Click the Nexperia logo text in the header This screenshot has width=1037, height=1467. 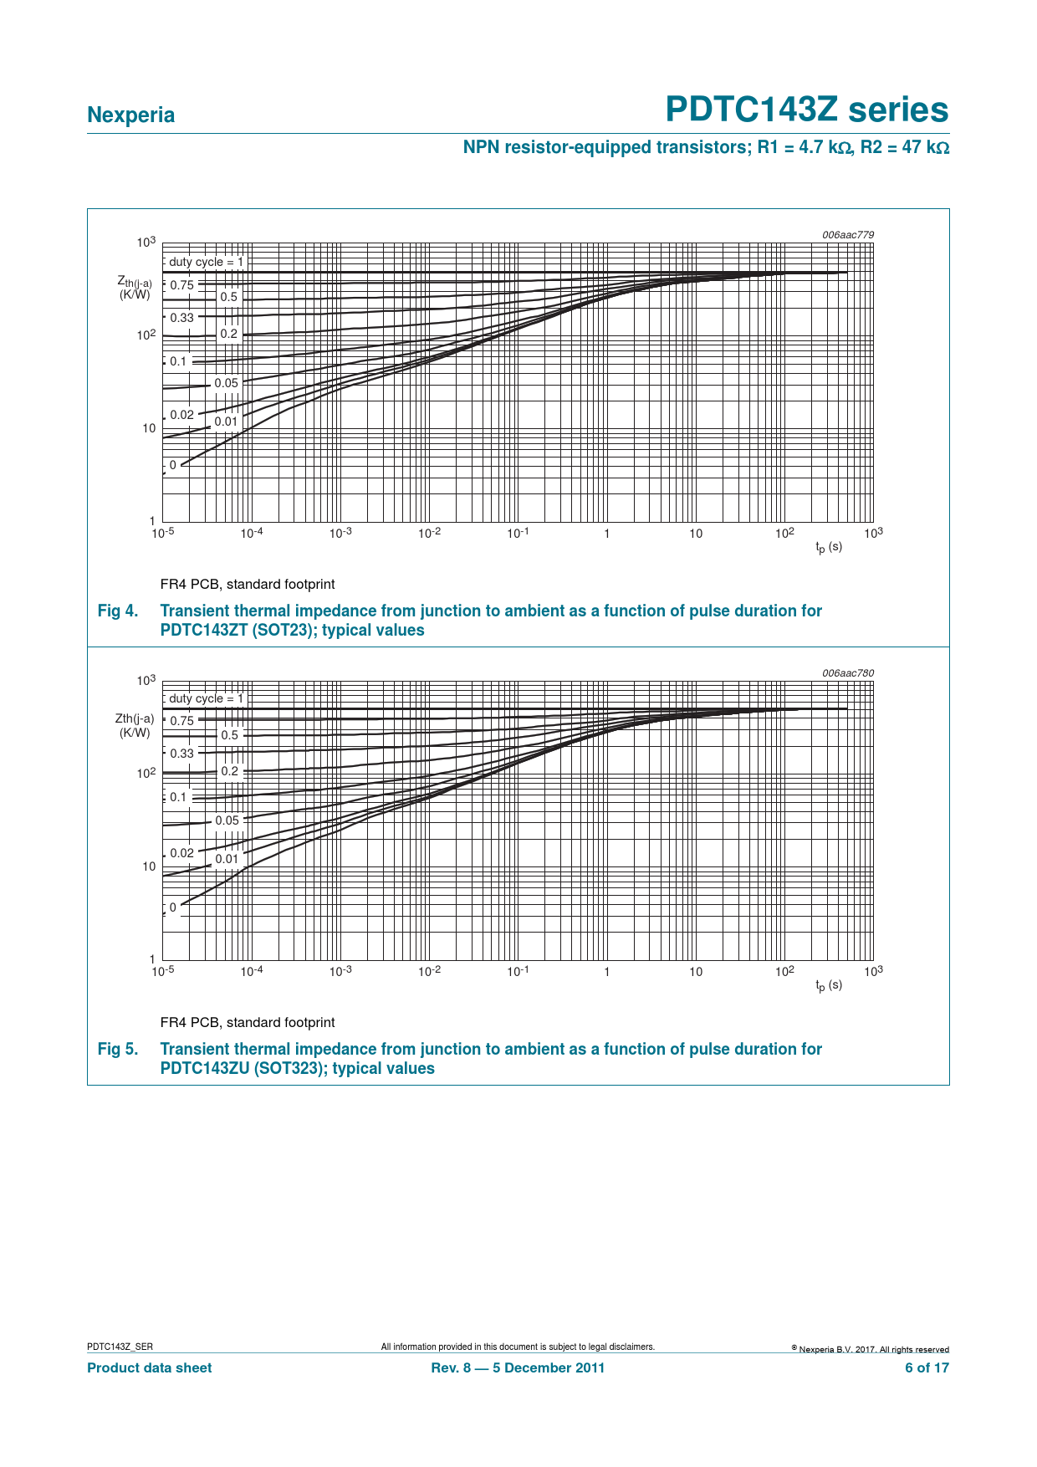coord(130,115)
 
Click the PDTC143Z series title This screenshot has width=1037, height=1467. coord(806,110)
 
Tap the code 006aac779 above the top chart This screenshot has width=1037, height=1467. coord(847,235)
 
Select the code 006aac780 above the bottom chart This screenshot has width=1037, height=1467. coord(847,673)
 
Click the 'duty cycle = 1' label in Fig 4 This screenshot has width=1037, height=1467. coord(206,262)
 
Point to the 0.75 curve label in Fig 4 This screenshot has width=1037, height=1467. coord(181,285)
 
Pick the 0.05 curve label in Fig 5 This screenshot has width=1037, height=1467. coord(227,820)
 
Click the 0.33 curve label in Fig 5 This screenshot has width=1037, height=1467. coord(181,754)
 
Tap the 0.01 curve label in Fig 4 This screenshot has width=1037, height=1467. coord(226,422)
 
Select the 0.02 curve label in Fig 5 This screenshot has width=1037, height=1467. coord(181,853)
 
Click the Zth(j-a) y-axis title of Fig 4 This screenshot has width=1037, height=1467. coord(135,288)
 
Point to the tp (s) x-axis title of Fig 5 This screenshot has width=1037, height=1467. coord(829,985)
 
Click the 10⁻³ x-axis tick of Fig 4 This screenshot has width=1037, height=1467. coord(340,533)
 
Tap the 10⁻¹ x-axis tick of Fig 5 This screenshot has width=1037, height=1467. coord(518,971)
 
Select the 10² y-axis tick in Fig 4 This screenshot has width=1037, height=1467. coord(147,335)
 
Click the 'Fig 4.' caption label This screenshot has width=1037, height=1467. coord(117,611)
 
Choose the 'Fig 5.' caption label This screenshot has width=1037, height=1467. coord(117,1050)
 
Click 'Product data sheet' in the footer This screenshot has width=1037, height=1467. coord(150,1368)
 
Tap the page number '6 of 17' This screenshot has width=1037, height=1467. coord(927,1368)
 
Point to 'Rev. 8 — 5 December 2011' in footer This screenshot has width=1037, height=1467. coord(518,1368)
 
